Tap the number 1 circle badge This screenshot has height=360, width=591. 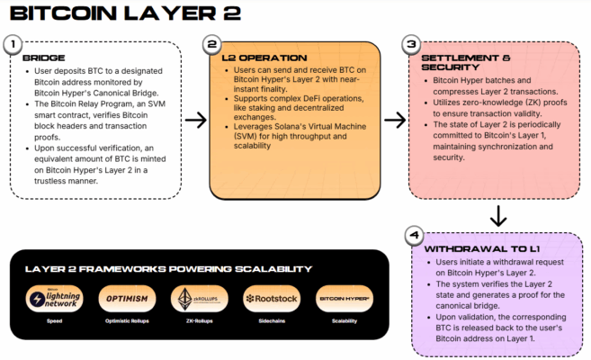pos(13,44)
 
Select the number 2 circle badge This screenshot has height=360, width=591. pos(212,44)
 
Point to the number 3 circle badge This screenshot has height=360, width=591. pos(411,44)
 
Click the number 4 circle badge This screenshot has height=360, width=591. pos(413,237)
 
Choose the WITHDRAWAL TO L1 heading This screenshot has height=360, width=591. pos(470,247)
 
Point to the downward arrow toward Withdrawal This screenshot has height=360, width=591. pos(496,215)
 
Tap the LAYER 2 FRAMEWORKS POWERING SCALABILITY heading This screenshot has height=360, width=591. pos(168,268)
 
